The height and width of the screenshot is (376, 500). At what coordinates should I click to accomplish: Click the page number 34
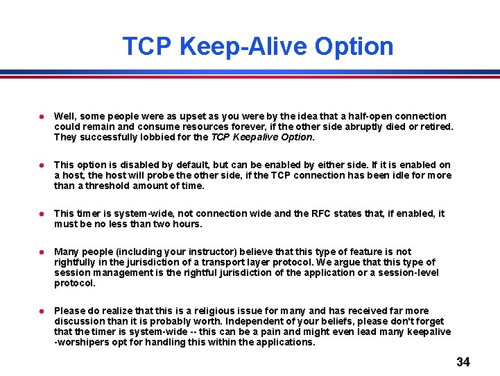(463, 362)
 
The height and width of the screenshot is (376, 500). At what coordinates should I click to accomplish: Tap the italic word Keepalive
(255, 137)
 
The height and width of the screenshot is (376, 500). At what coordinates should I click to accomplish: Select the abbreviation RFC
(322, 213)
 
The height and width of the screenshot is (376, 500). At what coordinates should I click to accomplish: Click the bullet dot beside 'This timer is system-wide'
(42, 214)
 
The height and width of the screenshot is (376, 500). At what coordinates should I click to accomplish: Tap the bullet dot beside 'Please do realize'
(42, 311)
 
